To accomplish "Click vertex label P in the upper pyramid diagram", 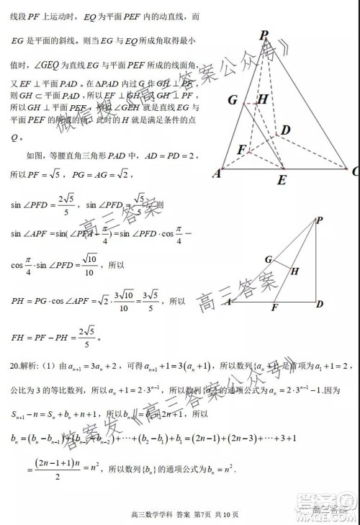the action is point(264,34).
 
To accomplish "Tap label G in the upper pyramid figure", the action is point(233,99).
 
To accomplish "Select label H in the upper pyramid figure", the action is point(263,99).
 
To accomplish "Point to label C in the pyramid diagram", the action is point(355,171).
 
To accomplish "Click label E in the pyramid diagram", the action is point(282,179).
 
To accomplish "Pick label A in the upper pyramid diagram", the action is point(216,173).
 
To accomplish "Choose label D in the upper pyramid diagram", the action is point(286,130).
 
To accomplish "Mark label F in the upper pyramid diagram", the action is point(242,150).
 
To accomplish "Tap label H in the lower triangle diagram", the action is point(294,272).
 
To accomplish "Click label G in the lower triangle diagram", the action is point(268,259).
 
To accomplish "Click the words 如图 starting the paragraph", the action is point(35,155).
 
